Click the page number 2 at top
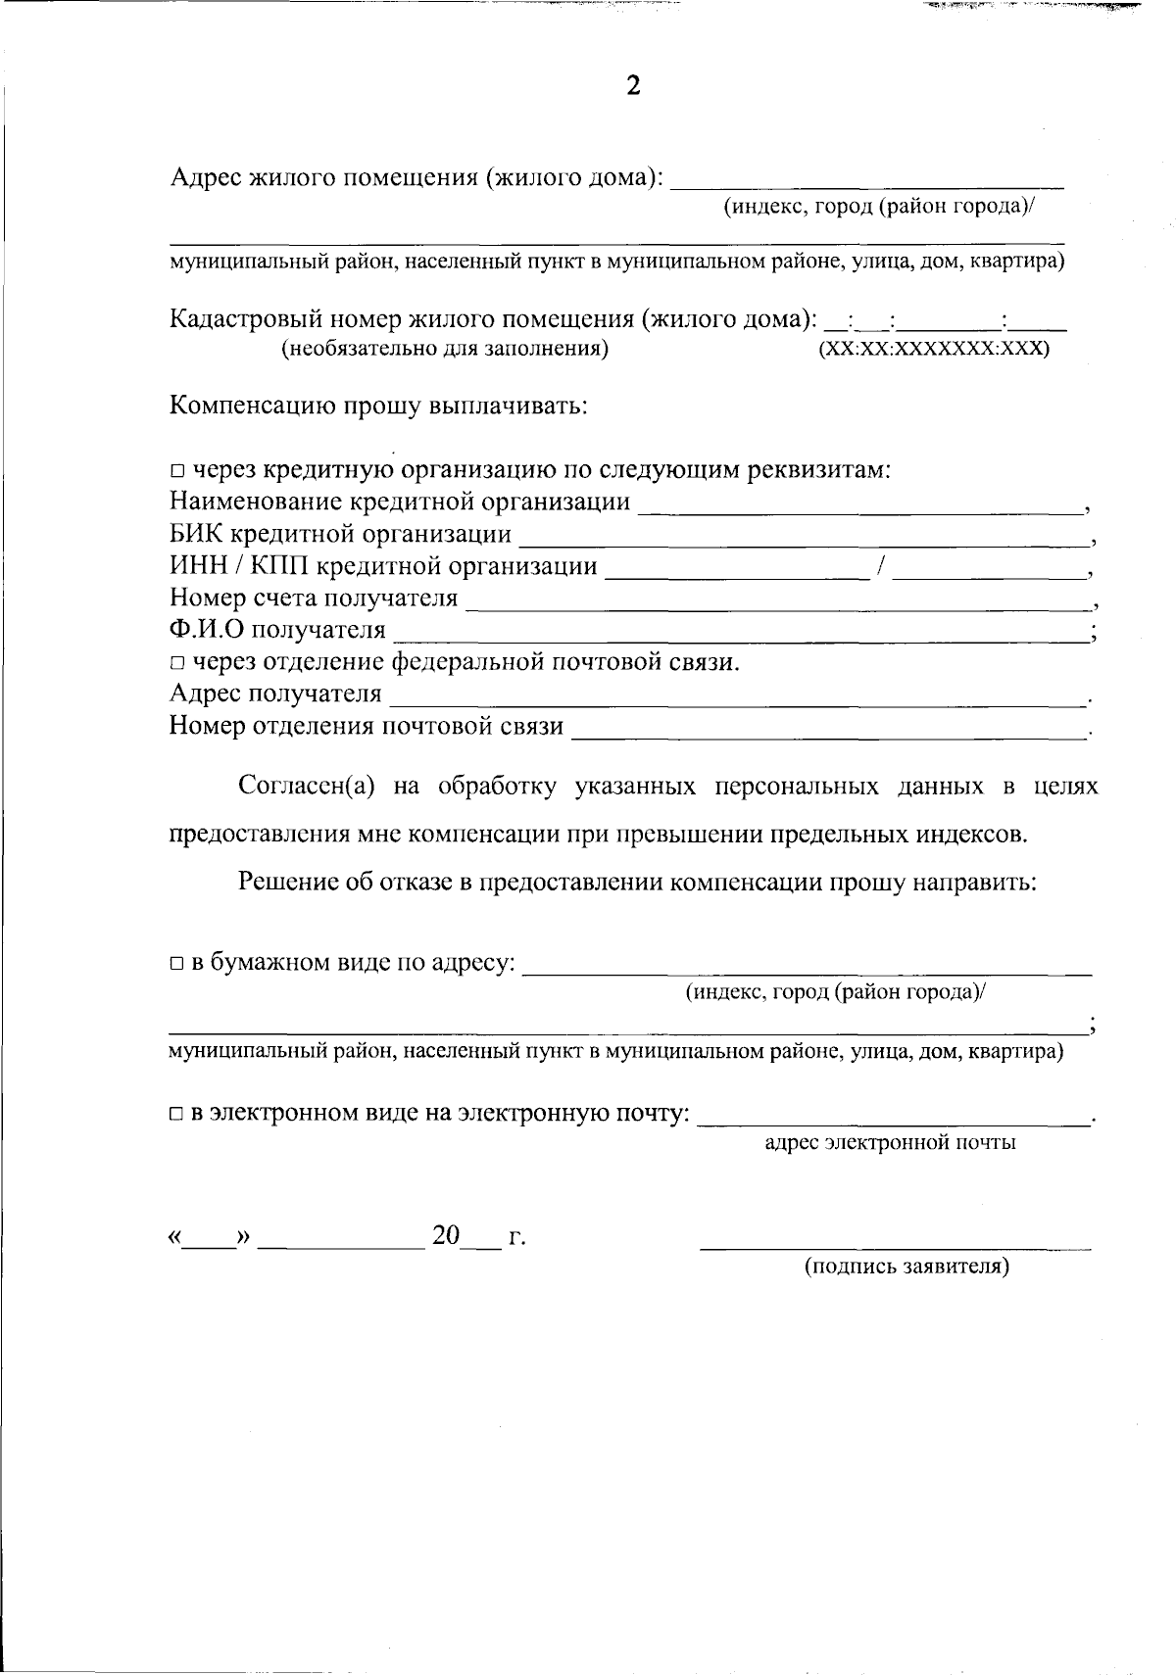click(x=633, y=86)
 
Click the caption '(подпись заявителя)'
click(x=906, y=1267)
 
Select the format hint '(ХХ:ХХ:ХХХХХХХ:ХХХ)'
click(x=933, y=349)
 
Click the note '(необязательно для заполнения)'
click(x=445, y=349)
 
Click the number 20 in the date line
click(x=446, y=1236)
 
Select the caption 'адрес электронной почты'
click(x=890, y=1142)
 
